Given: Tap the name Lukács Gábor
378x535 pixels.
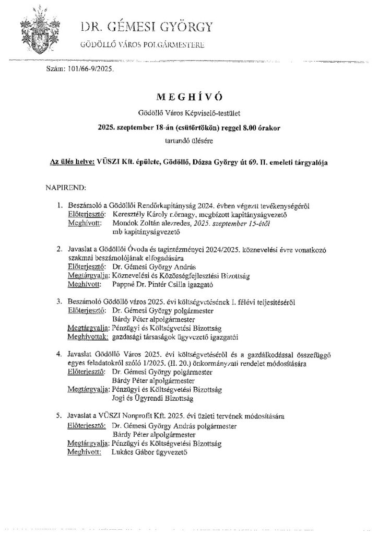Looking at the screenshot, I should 133,452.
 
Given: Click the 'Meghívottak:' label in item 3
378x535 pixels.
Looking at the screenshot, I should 87,337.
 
